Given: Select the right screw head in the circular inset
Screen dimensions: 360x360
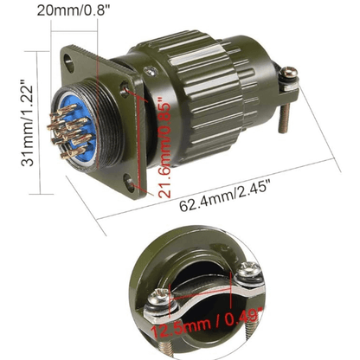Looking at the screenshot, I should point(250,273).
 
